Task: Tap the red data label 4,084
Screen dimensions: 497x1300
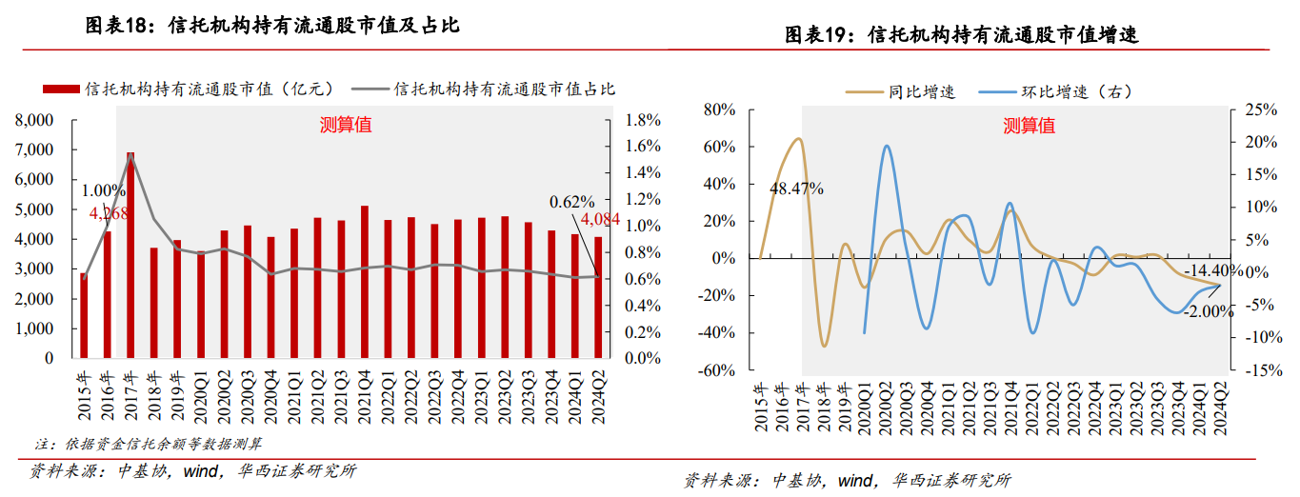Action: tap(600, 220)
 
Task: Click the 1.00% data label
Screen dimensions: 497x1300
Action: tap(102, 190)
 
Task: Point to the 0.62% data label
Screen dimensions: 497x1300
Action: tap(572, 201)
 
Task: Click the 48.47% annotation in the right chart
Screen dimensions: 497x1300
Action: tap(796, 188)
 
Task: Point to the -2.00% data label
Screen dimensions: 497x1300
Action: tap(1209, 311)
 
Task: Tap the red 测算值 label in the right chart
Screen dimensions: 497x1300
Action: tap(1029, 125)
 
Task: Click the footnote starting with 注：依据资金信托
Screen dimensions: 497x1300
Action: tap(150, 444)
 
